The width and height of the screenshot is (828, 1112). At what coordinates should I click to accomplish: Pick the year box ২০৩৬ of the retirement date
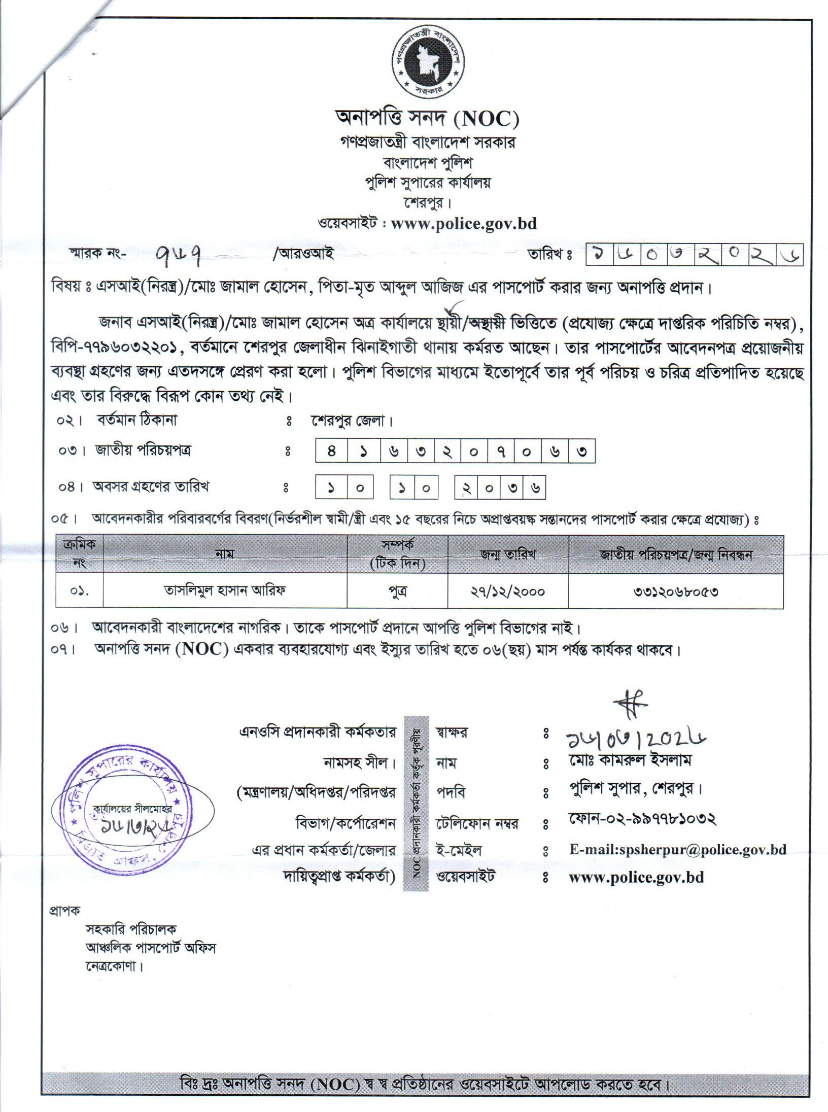coord(500,488)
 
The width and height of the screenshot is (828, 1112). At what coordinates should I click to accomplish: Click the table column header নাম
coord(224,554)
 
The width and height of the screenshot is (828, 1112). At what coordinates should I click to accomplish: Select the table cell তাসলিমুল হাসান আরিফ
coord(224,591)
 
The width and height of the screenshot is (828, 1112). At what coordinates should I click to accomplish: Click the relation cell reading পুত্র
coord(397,591)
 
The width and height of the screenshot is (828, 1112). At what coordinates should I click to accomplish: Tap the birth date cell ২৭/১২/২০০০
coord(508,591)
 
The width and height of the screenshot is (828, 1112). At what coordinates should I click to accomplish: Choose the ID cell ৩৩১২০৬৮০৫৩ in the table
coord(675,591)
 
